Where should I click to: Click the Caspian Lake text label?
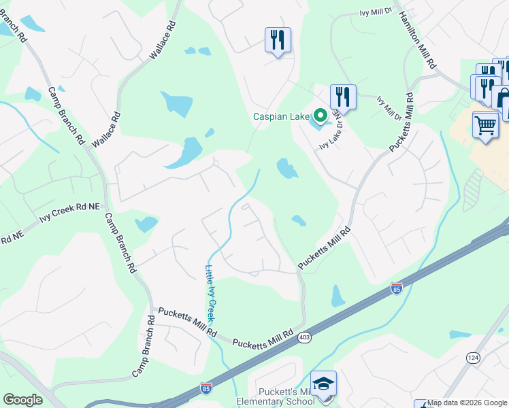281,117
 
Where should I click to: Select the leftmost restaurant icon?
278,40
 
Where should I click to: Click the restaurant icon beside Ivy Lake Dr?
343,97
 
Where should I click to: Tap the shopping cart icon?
485,125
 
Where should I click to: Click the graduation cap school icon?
324,383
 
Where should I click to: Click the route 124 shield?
473,358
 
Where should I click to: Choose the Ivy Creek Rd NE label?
69,217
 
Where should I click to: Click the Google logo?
22,400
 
